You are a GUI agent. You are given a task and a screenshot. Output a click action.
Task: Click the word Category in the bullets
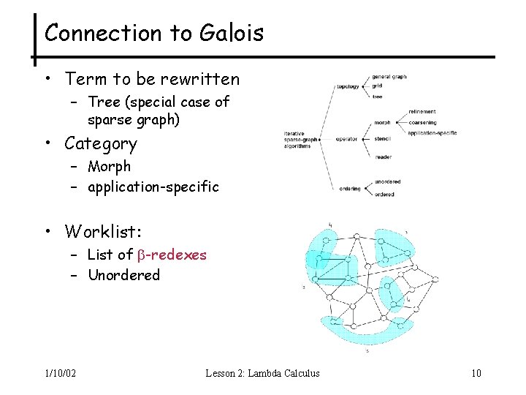tap(101, 143)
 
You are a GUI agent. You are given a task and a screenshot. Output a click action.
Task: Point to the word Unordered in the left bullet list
tap(123, 275)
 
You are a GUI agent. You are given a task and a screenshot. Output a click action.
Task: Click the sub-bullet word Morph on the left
tap(109, 167)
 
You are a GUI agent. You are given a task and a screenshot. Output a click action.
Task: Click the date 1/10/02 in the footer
tap(59, 374)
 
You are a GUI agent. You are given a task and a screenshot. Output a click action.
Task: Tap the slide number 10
tap(476, 374)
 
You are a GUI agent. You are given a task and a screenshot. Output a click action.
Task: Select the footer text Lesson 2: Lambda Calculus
tap(263, 374)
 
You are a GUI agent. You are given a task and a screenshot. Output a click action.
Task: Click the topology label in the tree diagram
tap(348, 86)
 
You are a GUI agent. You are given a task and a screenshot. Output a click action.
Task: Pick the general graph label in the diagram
tap(389, 77)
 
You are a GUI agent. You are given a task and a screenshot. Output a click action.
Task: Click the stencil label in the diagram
tap(383, 138)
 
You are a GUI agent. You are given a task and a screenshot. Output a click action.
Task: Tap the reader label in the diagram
tap(383, 157)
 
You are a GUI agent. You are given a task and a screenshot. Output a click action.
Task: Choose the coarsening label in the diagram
tap(423, 122)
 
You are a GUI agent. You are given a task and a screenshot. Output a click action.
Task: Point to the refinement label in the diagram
tap(423, 111)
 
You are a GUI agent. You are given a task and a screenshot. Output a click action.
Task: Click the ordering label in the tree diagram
tap(349, 189)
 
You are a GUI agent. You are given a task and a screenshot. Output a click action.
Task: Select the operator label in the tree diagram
tap(347, 138)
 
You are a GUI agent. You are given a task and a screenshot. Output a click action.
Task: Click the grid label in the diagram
tap(377, 86)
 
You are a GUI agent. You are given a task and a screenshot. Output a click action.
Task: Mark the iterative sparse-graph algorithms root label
tap(300, 139)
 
